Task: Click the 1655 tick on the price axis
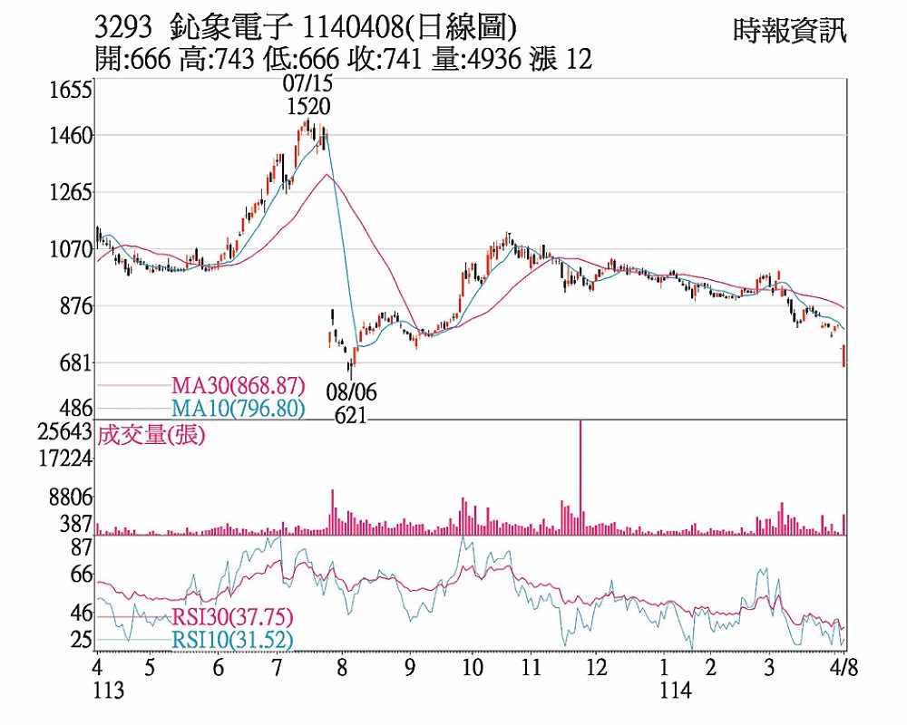point(72,90)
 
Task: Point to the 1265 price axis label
point(72,192)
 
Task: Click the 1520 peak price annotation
point(308,106)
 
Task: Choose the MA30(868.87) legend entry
point(238,385)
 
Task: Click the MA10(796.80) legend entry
point(238,409)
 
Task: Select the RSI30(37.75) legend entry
point(231,617)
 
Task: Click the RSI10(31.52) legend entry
point(231,640)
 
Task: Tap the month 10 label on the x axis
point(472,668)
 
